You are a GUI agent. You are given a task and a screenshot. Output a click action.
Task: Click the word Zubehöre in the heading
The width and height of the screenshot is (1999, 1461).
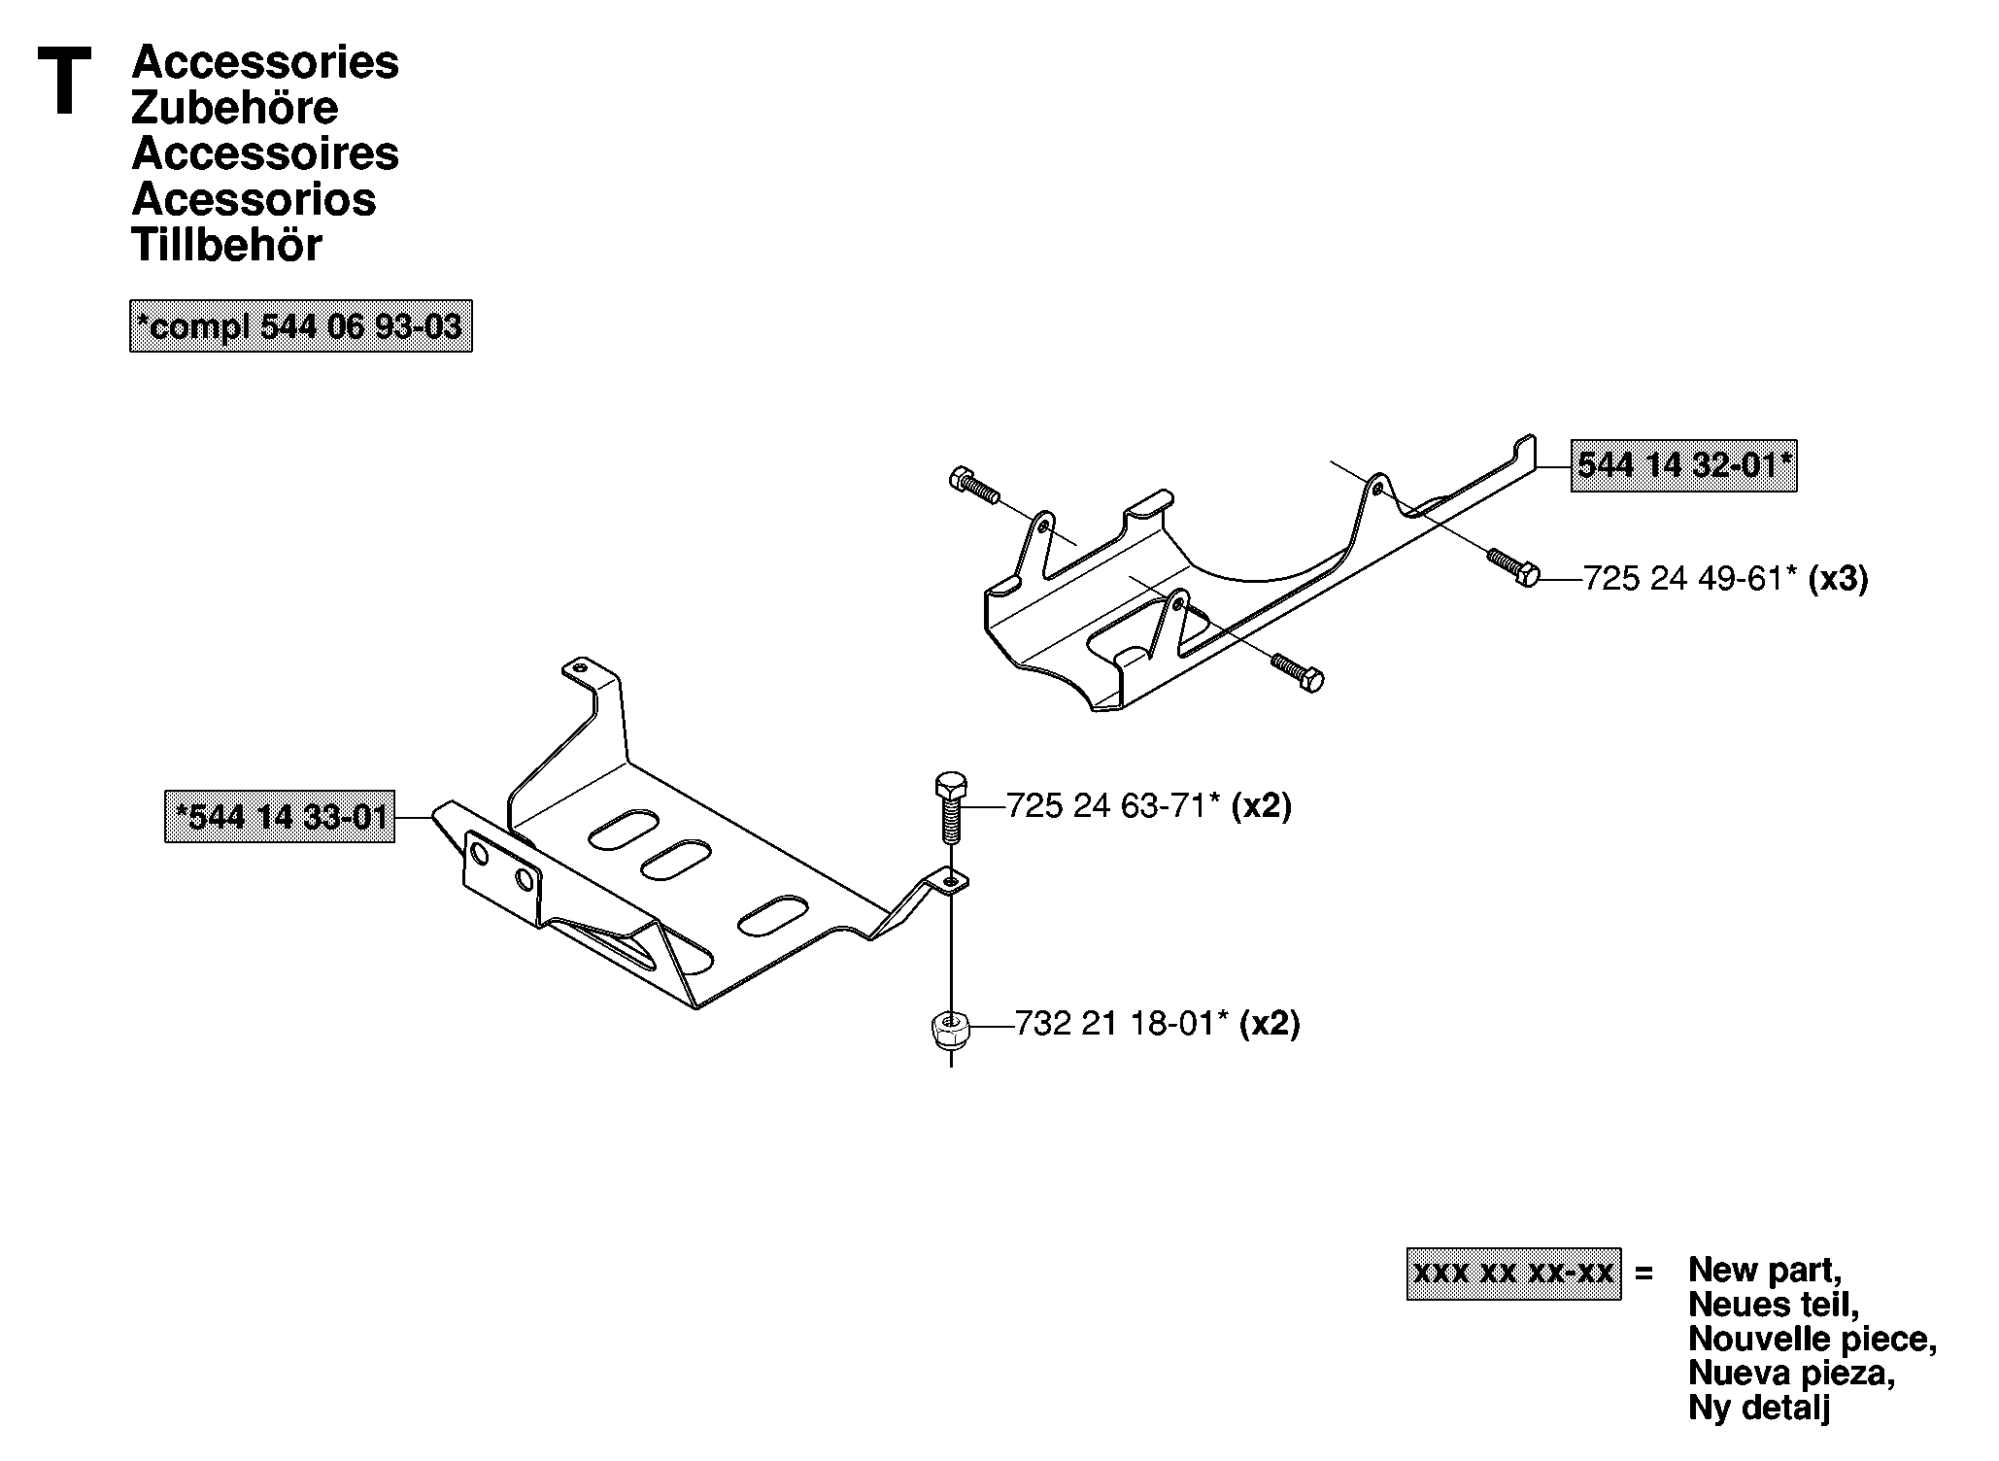point(234,107)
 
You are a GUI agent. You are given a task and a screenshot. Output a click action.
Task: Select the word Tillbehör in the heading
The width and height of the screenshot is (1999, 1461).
point(226,245)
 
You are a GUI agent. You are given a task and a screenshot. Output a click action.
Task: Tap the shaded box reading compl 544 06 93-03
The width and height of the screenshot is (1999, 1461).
point(301,325)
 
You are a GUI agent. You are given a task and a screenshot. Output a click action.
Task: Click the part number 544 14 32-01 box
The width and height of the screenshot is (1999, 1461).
point(1683,465)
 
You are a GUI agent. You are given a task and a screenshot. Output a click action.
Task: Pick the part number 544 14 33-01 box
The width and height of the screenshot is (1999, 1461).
point(280,816)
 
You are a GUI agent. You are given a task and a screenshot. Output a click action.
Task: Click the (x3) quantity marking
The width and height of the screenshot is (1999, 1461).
point(1838,579)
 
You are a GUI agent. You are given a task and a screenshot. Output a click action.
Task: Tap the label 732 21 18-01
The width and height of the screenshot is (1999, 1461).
point(1122,1023)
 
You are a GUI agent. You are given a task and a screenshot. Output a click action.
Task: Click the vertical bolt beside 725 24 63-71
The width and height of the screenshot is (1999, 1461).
point(950,808)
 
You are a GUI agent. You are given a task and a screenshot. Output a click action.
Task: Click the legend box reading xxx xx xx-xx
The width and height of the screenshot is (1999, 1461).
point(1513,1274)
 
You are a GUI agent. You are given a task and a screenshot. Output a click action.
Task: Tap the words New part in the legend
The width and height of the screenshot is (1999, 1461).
point(1765,1270)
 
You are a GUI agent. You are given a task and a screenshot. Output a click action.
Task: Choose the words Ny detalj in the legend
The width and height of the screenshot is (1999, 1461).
point(1759,1408)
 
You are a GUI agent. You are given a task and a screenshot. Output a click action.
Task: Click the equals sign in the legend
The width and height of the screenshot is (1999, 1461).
point(1644,1273)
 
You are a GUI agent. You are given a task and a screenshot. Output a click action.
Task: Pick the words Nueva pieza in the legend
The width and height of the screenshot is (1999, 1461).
point(1792,1373)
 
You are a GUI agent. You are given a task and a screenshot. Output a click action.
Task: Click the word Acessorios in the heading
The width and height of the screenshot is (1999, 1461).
point(254,199)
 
